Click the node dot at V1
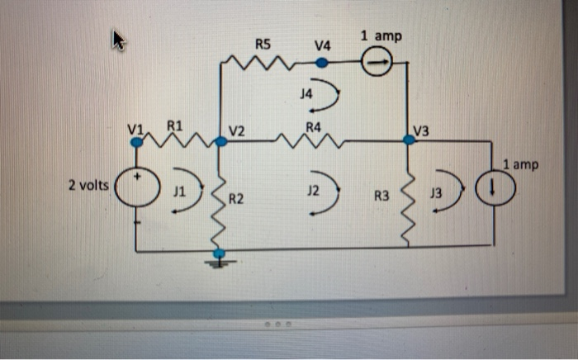click(137, 141)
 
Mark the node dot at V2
click(220, 142)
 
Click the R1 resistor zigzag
click(180, 140)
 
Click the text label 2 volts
click(88, 185)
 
